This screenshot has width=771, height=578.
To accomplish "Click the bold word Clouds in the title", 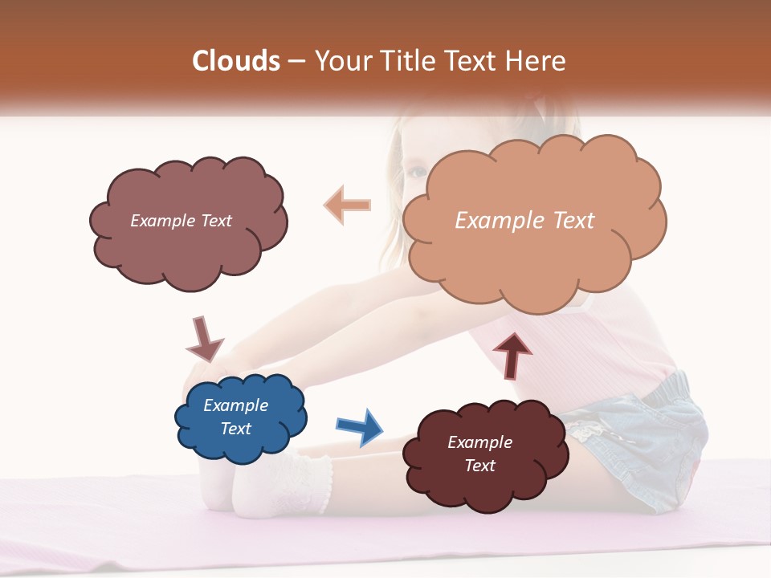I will (x=237, y=61).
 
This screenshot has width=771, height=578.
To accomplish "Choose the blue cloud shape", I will (x=240, y=417).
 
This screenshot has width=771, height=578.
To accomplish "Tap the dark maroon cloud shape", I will (x=484, y=454).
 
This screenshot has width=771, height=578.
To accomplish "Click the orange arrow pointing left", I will (x=348, y=205).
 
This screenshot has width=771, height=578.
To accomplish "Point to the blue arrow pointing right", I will (x=360, y=426).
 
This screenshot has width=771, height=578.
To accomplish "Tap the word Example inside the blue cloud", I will (x=235, y=405).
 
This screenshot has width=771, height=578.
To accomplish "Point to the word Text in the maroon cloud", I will (x=479, y=466).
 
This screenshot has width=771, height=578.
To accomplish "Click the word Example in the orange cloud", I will (x=500, y=221).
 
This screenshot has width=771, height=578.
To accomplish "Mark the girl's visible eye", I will (x=416, y=172).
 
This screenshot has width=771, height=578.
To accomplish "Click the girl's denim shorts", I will (x=651, y=433).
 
